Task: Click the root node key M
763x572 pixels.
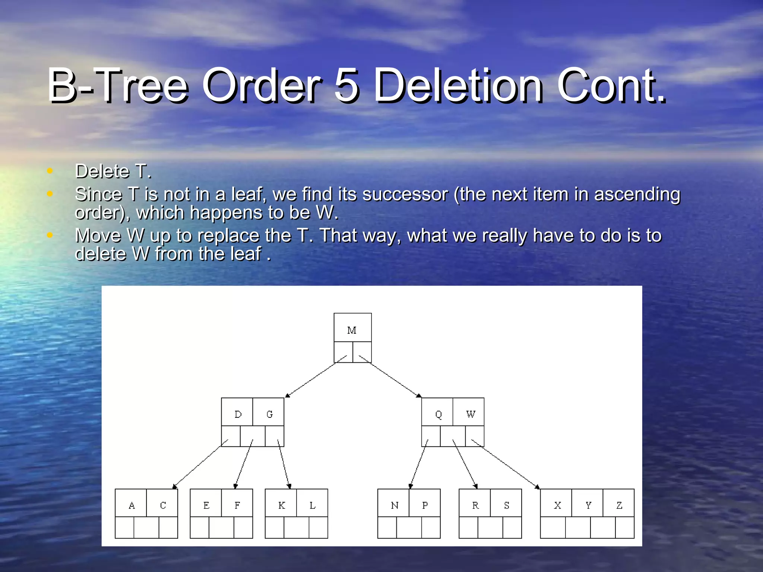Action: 352,330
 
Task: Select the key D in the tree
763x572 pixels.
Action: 238,414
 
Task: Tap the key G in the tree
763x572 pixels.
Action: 269,414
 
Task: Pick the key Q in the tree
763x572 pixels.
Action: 438,414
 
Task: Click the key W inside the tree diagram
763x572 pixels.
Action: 470,414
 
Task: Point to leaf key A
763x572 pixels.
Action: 132,505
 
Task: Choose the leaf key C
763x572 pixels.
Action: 163,505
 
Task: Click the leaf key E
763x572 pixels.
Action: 206,505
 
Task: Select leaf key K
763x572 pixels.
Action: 282,505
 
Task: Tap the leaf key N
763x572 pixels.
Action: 395,505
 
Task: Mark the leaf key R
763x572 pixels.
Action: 475,505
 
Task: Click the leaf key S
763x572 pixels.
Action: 506,505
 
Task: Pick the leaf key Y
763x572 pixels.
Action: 588,505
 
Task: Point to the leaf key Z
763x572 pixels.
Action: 619,505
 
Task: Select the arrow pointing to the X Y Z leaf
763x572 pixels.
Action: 505,464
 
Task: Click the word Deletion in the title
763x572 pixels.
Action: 458,86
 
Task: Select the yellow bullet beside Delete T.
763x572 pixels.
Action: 50,171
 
